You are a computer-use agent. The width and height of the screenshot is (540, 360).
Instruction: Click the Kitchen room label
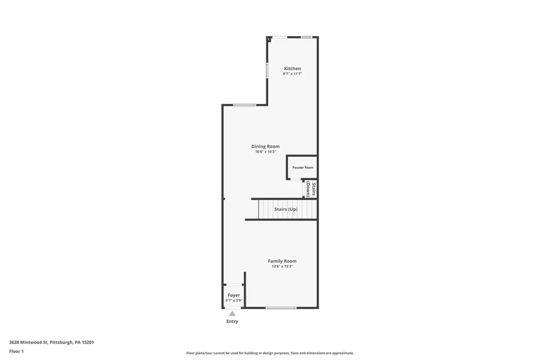292,68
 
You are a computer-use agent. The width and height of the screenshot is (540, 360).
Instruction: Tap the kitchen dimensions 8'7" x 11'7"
292,73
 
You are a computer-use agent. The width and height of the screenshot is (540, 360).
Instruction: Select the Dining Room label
265,146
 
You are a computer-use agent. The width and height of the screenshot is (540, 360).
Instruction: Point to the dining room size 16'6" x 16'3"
265,151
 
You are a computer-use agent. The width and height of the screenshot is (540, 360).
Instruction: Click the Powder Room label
303,168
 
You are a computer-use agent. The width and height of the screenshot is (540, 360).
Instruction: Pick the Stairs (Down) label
311,189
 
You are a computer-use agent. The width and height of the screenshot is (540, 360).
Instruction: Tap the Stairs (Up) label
286,209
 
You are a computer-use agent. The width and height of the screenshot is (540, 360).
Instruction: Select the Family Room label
282,261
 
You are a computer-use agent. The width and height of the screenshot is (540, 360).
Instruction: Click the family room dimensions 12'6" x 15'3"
282,266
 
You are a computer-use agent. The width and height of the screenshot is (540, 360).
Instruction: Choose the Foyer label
234,295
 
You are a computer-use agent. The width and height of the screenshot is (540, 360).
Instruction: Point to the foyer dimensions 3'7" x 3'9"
234,300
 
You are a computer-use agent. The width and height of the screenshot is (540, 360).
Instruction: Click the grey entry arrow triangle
232,313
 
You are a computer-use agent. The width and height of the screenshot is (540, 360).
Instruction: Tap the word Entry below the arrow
232,321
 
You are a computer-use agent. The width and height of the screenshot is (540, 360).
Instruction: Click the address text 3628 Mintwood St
29,342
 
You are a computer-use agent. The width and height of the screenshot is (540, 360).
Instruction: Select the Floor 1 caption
16,352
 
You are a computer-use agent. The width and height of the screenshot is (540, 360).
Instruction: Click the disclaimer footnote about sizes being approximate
270,353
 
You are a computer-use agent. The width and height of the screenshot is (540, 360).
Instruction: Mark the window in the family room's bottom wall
281,308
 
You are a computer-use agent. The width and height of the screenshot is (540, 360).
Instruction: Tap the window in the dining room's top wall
245,105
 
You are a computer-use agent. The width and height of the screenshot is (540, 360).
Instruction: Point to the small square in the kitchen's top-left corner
269,39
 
